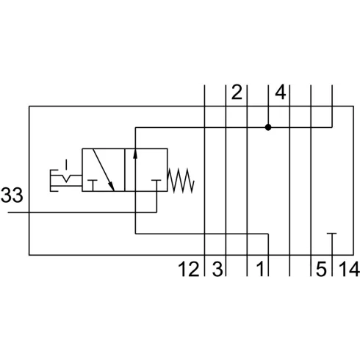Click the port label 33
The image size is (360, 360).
point(12,195)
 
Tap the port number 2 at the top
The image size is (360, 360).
point(237,93)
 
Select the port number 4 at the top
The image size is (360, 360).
point(281,93)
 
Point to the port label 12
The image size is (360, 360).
point(189,269)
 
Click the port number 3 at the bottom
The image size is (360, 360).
point(217,269)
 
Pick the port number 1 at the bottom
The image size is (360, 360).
point(260,269)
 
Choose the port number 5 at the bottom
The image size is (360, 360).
point(321,269)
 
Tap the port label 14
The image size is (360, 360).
point(349,269)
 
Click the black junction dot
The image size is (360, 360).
point(268,127)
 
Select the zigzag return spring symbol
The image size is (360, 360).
point(181,181)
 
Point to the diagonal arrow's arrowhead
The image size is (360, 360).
point(112,187)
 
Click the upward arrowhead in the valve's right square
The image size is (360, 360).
point(135,154)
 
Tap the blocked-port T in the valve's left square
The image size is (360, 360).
point(93,185)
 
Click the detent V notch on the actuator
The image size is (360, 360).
point(66,179)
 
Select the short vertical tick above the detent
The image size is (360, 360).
point(66,165)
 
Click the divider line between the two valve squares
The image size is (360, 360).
point(125,170)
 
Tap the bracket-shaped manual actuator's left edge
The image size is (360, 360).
point(51,180)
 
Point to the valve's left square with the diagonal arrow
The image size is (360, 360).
point(104,170)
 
